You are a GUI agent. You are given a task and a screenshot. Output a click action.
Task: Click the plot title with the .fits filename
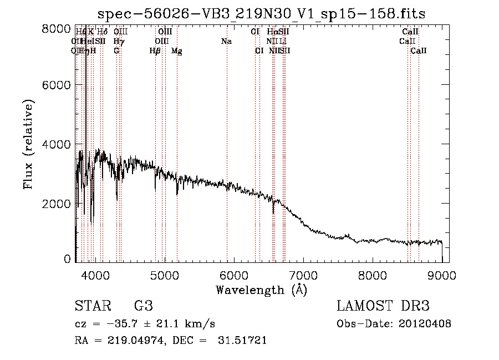[x=261, y=14]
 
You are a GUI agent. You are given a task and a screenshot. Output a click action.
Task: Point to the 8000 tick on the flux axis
[x=57, y=28]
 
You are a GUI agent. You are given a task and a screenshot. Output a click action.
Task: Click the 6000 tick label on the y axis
[x=57, y=85]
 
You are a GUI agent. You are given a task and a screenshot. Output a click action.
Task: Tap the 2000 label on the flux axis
[x=57, y=204]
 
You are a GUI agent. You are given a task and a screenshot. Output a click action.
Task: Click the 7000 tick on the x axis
[x=303, y=275]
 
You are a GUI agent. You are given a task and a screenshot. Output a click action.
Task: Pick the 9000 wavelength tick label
[x=442, y=275]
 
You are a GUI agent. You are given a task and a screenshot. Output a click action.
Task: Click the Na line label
[x=226, y=41]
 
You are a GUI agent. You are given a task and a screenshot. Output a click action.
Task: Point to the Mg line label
[x=177, y=50]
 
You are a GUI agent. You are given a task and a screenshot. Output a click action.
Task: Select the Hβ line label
[x=155, y=50]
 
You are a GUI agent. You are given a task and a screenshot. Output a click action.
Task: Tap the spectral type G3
[x=144, y=306]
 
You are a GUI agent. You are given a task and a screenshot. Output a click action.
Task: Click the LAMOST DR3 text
[x=383, y=306]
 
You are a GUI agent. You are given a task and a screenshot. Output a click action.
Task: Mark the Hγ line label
[x=118, y=41]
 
